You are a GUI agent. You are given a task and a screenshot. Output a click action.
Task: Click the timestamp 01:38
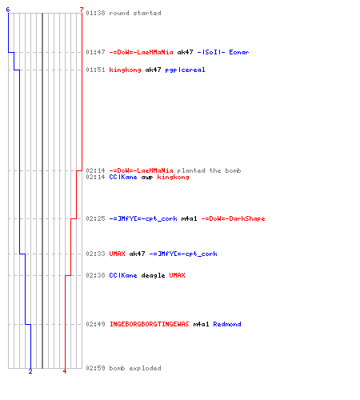coord(95,13)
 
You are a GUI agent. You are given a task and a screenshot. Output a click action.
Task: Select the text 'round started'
coord(135,13)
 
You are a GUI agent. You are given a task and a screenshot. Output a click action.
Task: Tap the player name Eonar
coord(239,52)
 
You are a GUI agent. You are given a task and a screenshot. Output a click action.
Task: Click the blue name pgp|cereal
coord(185,70)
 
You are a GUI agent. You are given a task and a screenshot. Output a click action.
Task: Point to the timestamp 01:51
coord(95,70)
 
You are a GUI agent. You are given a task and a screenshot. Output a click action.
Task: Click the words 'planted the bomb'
coord(209,170)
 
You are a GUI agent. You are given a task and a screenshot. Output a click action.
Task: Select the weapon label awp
coord(147,178)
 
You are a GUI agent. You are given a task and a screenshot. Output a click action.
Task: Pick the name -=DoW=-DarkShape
coord(233,218)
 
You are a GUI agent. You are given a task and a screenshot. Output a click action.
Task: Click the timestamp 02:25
coord(95,218)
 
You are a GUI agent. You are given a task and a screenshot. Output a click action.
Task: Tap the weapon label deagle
coord(153,275)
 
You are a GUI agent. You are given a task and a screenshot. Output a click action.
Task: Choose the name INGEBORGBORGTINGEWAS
coord(150,324)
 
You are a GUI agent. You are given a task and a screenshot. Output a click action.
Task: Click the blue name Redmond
coord(227,324)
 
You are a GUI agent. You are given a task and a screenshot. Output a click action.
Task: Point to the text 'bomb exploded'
coord(135,368)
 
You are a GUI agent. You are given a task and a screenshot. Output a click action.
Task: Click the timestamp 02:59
coord(95,368)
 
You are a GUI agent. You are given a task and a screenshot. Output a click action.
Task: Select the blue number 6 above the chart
coord(8,10)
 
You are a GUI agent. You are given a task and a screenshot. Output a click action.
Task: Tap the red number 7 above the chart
coord(82,10)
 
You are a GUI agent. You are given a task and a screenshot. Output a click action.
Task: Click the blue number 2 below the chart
coord(30,371)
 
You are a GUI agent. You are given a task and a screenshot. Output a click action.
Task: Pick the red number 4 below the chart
coord(65,371)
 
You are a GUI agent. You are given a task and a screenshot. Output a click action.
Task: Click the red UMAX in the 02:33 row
coord(117,254)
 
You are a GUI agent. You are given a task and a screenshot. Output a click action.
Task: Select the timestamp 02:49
coord(95,324)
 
